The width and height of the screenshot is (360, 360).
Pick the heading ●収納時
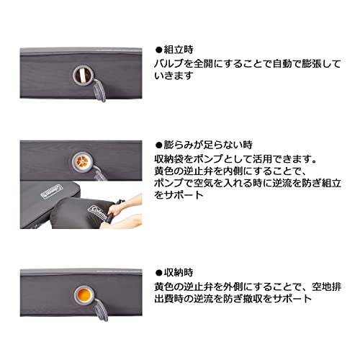[175, 273]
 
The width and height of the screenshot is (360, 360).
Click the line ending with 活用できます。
[234, 157]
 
